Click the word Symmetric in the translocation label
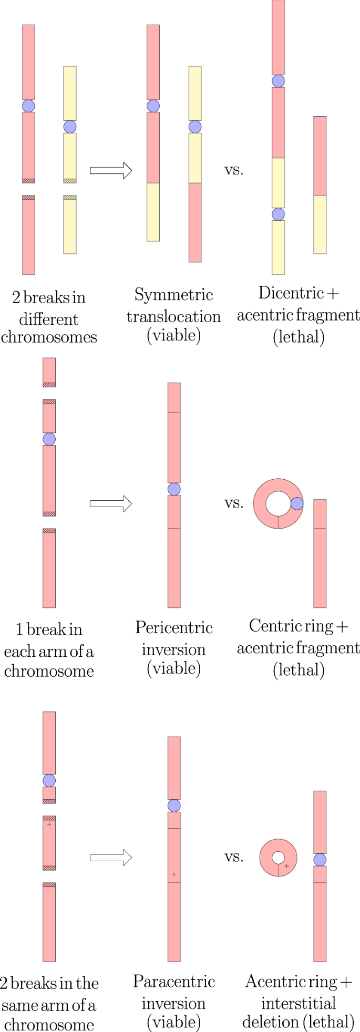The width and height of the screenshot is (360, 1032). coord(173,295)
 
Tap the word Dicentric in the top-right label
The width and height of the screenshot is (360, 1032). coord(291,293)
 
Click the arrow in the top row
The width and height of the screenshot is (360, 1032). coord(110,170)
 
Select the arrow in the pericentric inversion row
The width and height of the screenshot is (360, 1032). coord(110,503)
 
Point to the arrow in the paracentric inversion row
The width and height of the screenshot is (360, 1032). coord(110,858)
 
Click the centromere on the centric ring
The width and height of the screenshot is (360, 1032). coord(297,503)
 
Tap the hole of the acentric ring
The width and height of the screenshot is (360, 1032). coord(278,858)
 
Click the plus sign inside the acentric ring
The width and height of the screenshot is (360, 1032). coord(286,866)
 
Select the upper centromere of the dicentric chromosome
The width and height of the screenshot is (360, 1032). coord(278,81)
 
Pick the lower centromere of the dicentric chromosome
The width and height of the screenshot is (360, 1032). coord(278,214)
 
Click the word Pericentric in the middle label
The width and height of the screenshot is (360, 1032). coord(173,628)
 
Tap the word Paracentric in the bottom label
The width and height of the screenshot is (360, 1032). coord(173,982)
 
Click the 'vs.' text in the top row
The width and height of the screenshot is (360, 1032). coord(234,170)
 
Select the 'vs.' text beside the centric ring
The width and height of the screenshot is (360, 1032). coord(234,503)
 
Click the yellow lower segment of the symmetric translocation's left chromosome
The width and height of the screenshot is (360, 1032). coord(153,212)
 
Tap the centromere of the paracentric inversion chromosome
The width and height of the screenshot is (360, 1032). coord(174,806)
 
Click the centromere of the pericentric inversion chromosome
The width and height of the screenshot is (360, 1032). coord(174,489)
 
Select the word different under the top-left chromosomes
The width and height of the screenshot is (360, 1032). coord(49,319)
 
